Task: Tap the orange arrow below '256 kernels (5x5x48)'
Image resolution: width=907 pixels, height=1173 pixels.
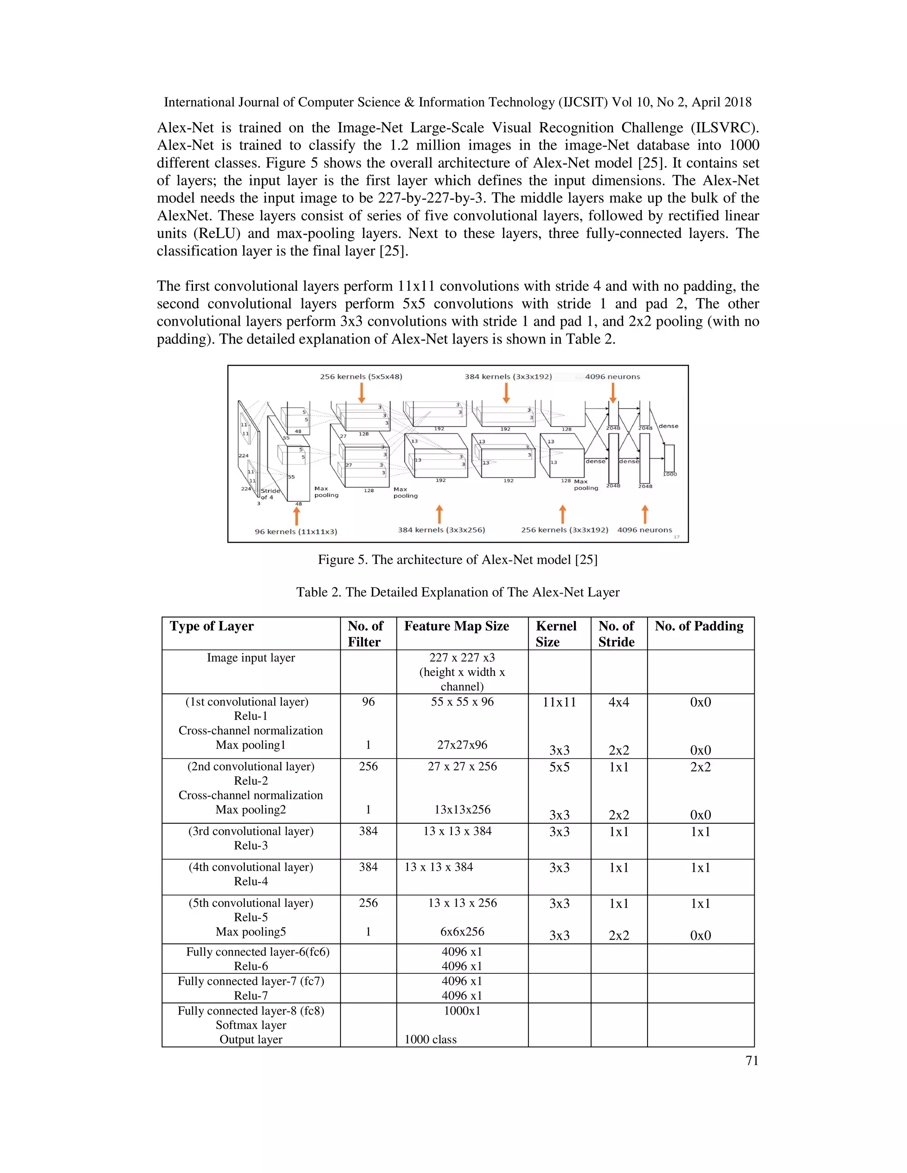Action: [362, 393]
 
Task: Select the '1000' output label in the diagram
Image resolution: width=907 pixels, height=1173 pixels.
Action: [670, 474]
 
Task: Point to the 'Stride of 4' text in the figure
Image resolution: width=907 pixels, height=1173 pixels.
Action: [270, 494]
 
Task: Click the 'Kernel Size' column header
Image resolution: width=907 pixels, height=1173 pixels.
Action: [556, 634]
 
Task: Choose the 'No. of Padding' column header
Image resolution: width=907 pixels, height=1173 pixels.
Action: [698, 626]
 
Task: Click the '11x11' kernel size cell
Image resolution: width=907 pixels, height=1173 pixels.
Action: [559, 702]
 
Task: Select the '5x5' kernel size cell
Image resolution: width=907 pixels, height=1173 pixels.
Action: [559, 767]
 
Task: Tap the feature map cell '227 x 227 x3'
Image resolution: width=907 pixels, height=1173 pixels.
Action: [462, 657]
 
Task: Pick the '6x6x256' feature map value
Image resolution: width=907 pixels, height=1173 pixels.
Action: [462, 932]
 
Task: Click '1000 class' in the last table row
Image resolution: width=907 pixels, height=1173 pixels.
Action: [430, 1039]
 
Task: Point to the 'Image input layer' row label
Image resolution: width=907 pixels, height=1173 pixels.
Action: [251, 657]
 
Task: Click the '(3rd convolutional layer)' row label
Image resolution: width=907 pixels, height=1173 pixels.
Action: [251, 831]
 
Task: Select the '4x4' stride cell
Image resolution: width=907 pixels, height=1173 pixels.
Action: [618, 702]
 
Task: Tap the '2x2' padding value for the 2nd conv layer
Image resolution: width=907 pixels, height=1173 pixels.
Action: [700, 767]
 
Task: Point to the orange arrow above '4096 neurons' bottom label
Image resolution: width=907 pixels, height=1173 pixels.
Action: [645, 514]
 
